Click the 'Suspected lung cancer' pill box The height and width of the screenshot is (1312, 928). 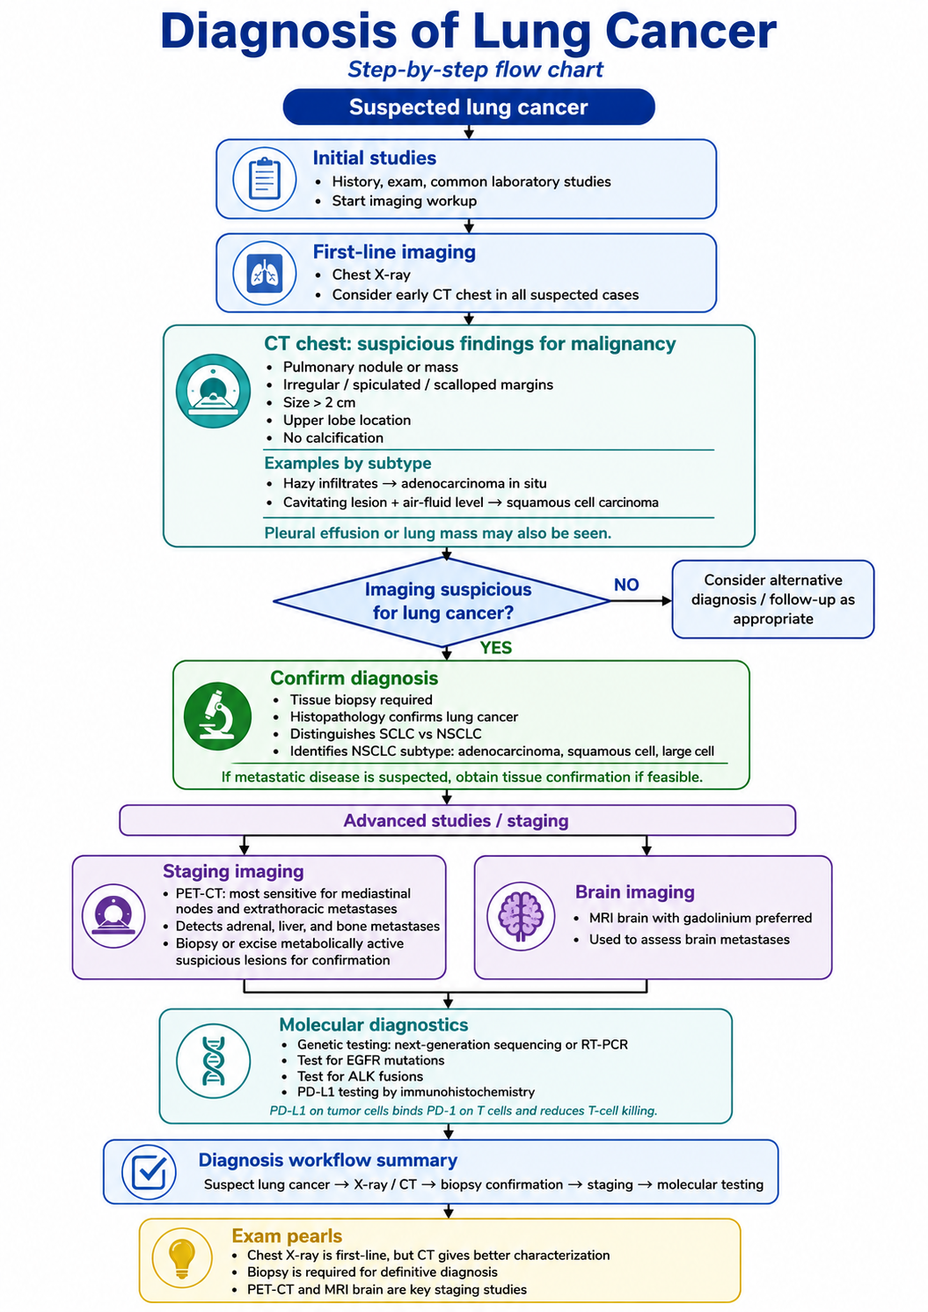[x=468, y=106]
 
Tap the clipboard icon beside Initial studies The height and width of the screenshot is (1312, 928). [x=265, y=179]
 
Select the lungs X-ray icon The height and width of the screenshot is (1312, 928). [x=265, y=273]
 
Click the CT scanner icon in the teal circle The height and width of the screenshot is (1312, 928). [x=213, y=391]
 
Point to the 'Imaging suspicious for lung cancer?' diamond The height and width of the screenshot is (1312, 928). [x=442, y=601]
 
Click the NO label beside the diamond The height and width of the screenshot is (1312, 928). [x=626, y=584]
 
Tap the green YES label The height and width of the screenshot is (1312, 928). [x=495, y=648]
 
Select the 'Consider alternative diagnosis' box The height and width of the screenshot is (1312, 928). [x=773, y=599]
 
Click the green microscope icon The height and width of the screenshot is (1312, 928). [x=218, y=715]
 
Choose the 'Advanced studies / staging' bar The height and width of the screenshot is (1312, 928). [x=457, y=820]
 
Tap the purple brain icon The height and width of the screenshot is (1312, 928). [x=521, y=916]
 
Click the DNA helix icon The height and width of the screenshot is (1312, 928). [x=213, y=1060]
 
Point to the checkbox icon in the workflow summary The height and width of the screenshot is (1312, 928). [x=149, y=1172]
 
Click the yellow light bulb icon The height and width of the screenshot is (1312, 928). [x=181, y=1258]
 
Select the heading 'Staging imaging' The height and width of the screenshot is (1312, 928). [x=233, y=871]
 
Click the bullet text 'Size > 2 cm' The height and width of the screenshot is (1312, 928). [x=319, y=402]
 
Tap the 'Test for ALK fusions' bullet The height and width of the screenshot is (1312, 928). [x=360, y=1076]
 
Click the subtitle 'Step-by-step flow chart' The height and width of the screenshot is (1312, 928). [x=475, y=70]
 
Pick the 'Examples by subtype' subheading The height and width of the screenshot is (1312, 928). [x=347, y=463]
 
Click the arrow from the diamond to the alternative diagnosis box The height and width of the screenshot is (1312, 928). [x=641, y=601]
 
